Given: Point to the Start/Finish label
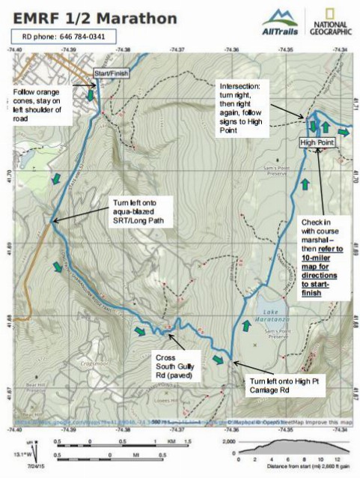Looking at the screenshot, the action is pos(106,73).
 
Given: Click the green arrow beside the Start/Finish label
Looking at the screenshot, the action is pos(90,95).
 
